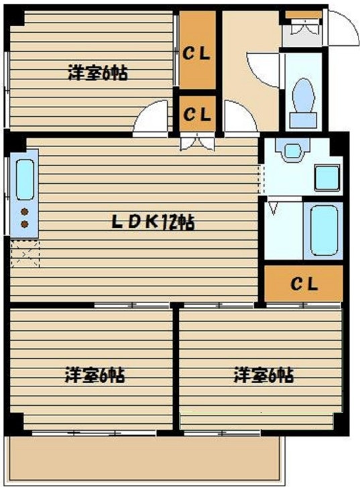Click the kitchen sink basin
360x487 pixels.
[24, 179]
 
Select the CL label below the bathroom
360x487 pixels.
[304, 283]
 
